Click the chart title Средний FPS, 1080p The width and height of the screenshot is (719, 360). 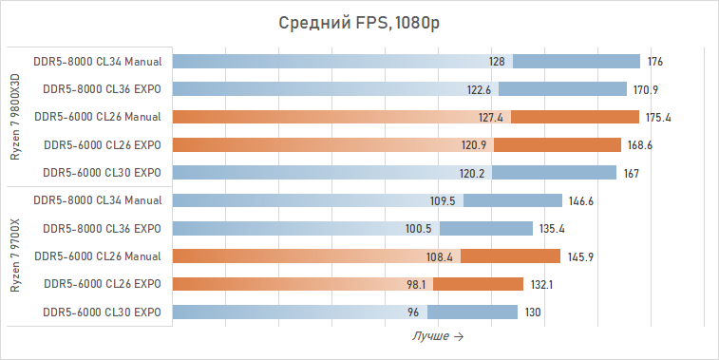359,23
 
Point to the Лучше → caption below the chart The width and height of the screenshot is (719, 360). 437,336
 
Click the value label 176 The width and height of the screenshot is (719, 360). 654,62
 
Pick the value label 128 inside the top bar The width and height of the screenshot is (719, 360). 497,62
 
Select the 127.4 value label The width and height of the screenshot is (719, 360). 491,118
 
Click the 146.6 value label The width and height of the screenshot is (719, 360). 581,201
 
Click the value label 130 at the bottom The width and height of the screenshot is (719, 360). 534,313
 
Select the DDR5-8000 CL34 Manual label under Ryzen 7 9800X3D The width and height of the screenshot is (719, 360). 98,62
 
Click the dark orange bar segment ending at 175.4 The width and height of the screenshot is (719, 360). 576,118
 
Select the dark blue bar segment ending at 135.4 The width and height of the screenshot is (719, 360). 485,229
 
